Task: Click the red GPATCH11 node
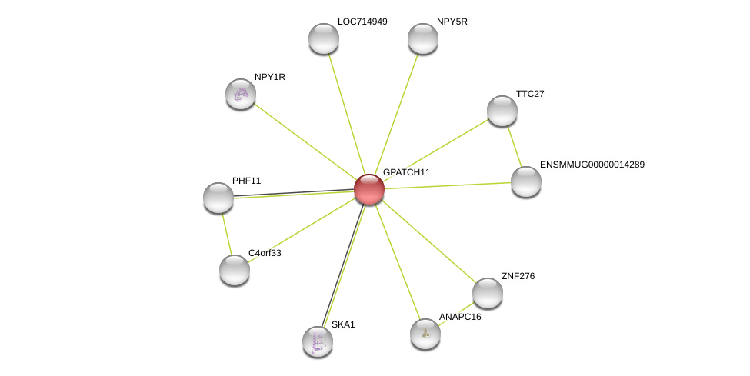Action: (x=368, y=189)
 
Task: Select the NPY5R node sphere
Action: (x=423, y=38)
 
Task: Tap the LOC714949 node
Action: (x=324, y=38)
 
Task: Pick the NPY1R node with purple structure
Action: (x=241, y=95)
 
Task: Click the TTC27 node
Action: (x=502, y=111)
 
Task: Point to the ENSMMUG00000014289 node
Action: (x=525, y=181)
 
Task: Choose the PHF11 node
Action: (x=218, y=198)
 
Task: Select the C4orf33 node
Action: (x=235, y=271)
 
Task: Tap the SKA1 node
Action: (x=318, y=341)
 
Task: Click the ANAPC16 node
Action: (x=425, y=334)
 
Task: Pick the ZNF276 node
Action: (x=488, y=293)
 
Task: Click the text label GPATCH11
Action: (x=407, y=172)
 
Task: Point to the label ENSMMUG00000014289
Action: (x=592, y=165)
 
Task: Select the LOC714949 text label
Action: (x=362, y=22)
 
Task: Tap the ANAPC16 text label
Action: (x=460, y=317)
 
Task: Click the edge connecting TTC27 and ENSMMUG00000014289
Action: (x=514, y=146)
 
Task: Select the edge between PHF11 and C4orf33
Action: (x=226, y=234)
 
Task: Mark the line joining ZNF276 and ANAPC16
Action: (x=456, y=314)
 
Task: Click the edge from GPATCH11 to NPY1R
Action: (x=305, y=142)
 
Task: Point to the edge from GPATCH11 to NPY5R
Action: (x=396, y=114)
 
